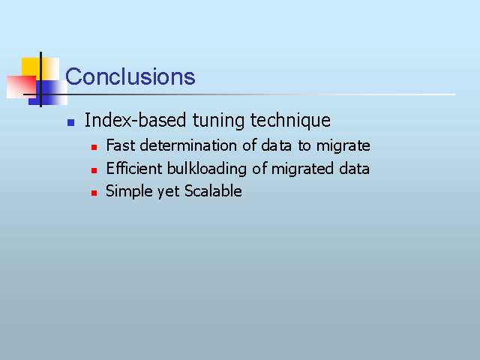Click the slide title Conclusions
coord(130,76)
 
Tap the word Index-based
coord(135,120)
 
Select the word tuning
coord(218,121)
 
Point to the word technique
coord(290,121)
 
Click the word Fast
coord(120,145)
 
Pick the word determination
coord(188,145)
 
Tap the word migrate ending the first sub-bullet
coord(343,146)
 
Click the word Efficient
coord(133,168)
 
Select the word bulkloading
coord(207,169)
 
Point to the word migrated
coord(302,169)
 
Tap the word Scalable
coord(213,191)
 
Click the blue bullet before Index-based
coord(70,122)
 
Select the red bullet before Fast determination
coord(94,148)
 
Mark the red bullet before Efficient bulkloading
coord(94,170)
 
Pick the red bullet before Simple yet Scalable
coord(94,193)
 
